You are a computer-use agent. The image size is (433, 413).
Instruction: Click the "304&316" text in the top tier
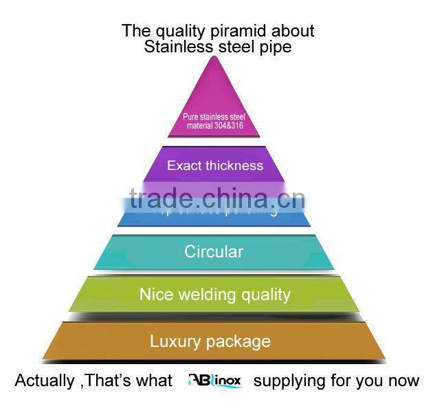tap(229, 125)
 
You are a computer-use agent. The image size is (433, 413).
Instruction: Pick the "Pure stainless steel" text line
tap(214, 116)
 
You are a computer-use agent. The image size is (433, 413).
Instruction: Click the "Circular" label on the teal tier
tap(214, 252)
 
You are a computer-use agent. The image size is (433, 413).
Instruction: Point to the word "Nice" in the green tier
tap(156, 295)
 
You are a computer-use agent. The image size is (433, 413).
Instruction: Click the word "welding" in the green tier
tap(205, 295)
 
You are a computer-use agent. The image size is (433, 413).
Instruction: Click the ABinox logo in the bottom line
tap(214, 381)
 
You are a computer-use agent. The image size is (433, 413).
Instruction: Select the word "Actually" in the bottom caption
tap(44, 381)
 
